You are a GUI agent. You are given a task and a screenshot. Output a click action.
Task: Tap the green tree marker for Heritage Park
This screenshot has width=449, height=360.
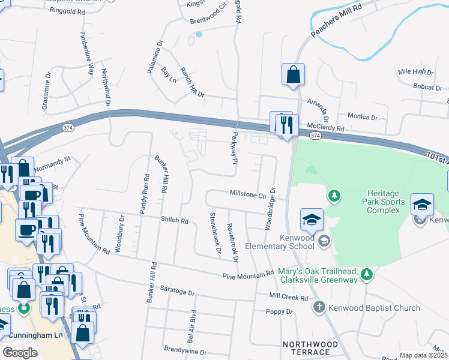[334, 196]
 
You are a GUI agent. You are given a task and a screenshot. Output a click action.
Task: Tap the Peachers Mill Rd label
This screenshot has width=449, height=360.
[337, 22]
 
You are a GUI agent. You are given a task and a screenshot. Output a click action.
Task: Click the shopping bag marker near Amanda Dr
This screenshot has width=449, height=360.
[293, 76]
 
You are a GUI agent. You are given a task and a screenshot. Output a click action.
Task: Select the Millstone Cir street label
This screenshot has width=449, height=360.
[248, 194]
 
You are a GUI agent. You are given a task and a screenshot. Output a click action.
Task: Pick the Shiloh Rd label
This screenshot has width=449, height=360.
[175, 221]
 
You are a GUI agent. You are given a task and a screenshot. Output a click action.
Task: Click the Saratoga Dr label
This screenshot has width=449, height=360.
[179, 293]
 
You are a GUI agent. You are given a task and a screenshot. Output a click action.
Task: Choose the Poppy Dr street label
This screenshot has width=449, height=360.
[280, 312]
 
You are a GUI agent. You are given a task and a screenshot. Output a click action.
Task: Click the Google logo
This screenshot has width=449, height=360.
[20, 353]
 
